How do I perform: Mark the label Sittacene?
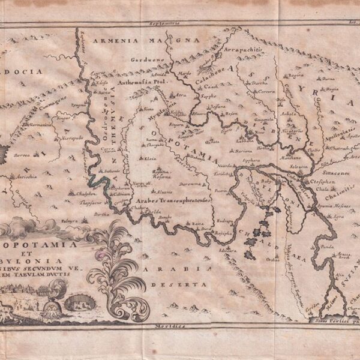(326, 171)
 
